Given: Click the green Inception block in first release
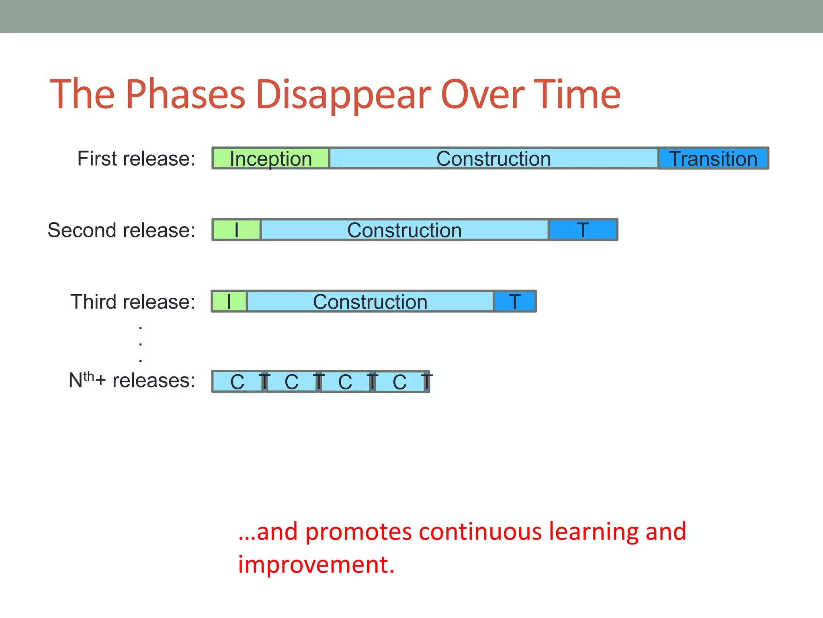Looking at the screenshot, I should coord(270,159).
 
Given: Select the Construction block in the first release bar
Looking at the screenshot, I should coord(493,159).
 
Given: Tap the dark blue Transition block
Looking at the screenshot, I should coord(713,159).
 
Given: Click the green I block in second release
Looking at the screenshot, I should coord(236,230).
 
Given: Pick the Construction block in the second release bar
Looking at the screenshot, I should coord(404,230).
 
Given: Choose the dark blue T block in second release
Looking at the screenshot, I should coord(583,230).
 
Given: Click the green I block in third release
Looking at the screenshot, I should coord(229,301).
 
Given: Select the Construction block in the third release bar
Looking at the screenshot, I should coord(370,301).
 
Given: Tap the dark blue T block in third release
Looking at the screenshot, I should coord(515,301).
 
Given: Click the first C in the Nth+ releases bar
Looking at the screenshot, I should coord(237,382).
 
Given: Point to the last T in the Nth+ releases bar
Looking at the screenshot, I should coord(427,382).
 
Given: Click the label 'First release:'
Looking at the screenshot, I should coord(136,159).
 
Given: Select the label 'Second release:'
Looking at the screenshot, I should coord(121,230).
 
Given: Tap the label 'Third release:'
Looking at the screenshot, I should coord(133,302).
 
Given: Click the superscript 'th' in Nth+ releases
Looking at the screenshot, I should coord(88,376).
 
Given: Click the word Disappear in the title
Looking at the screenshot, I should coord(343,95).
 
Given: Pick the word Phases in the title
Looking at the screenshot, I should coord(185,95).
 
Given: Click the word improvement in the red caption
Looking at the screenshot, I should coord(316,564).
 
